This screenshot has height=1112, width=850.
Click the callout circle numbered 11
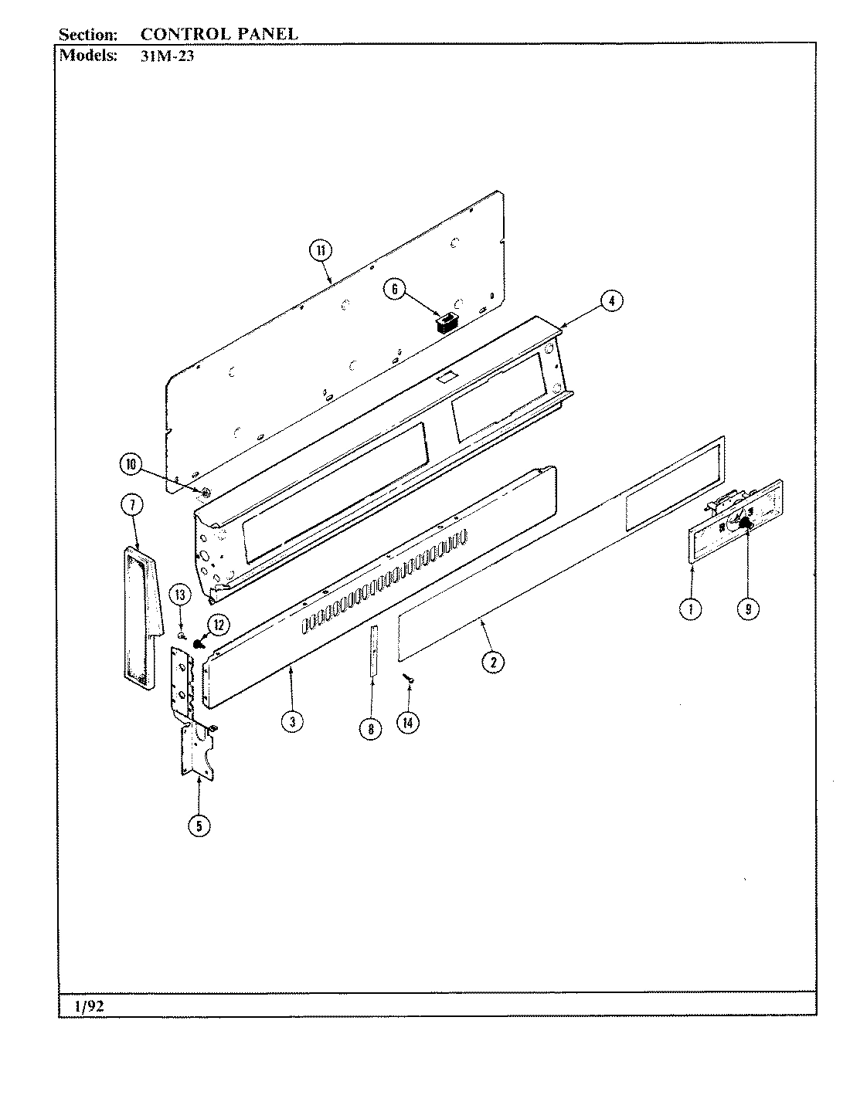[320, 249]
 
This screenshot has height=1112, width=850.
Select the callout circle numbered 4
[610, 301]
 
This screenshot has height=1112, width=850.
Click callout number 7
[132, 505]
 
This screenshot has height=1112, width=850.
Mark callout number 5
[199, 826]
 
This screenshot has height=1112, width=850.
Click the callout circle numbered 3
[291, 722]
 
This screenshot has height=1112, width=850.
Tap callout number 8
[371, 728]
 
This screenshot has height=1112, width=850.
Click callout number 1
[690, 609]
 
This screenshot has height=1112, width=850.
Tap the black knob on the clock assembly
[746, 524]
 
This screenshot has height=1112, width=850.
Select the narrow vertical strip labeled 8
[372, 651]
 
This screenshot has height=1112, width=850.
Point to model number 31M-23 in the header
[165, 56]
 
